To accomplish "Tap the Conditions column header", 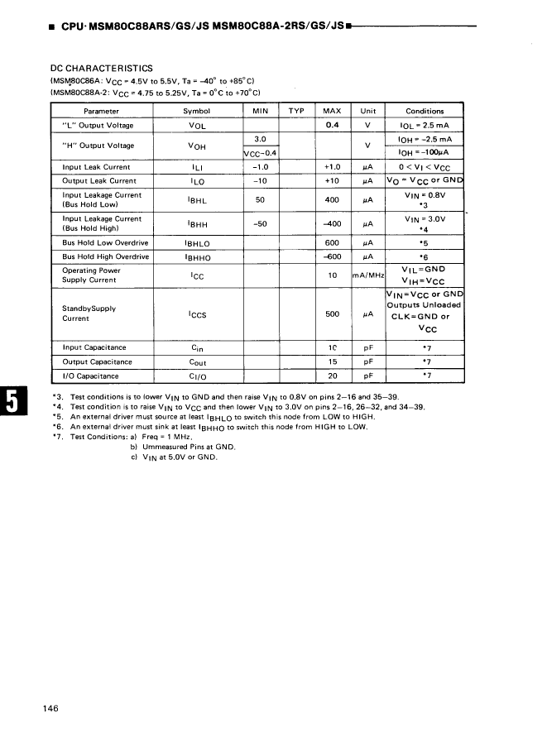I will (x=425, y=112).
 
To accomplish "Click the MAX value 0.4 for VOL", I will (x=332, y=125).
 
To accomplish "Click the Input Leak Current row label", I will (x=96, y=167).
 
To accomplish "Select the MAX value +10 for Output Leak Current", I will (x=332, y=180).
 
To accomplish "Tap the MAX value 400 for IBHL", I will (x=332, y=199).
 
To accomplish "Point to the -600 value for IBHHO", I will (x=332, y=257).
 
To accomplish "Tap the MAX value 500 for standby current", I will (x=332, y=314).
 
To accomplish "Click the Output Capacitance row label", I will (x=97, y=362).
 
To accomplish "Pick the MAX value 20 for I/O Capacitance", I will (x=332, y=376).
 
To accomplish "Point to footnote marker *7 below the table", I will (x=57, y=437).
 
